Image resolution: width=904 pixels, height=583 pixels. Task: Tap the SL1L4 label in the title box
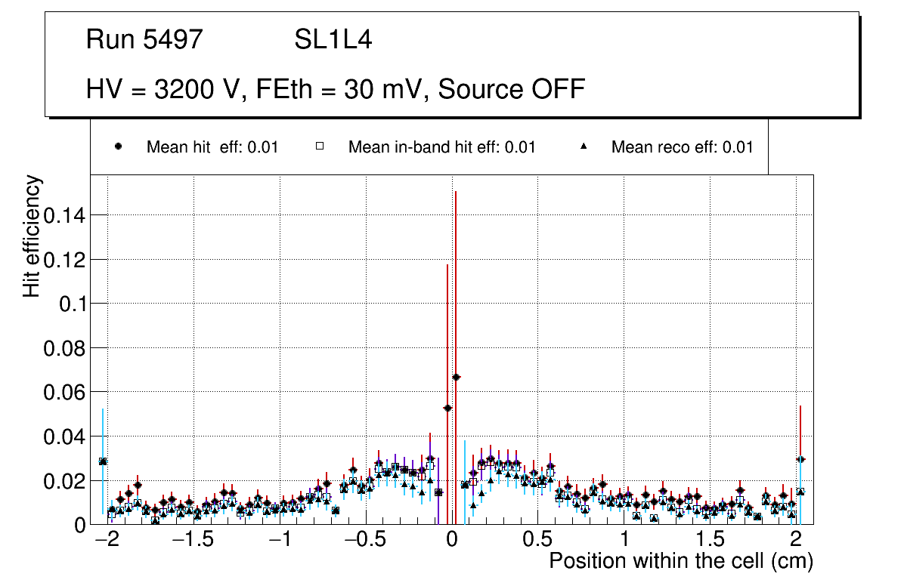pos(333,40)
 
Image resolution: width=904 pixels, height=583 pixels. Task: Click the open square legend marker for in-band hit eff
pos(319,147)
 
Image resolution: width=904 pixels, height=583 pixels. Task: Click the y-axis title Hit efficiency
pos(32,236)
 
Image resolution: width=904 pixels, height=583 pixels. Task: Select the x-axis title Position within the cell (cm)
pos(680,562)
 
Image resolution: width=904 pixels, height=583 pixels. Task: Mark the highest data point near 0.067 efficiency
pos(456,377)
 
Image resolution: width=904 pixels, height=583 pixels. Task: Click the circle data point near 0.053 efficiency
pos(447,408)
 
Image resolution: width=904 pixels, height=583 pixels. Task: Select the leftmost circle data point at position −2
pos(103,461)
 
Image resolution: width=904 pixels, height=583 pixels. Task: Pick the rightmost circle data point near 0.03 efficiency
pos(800,459)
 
